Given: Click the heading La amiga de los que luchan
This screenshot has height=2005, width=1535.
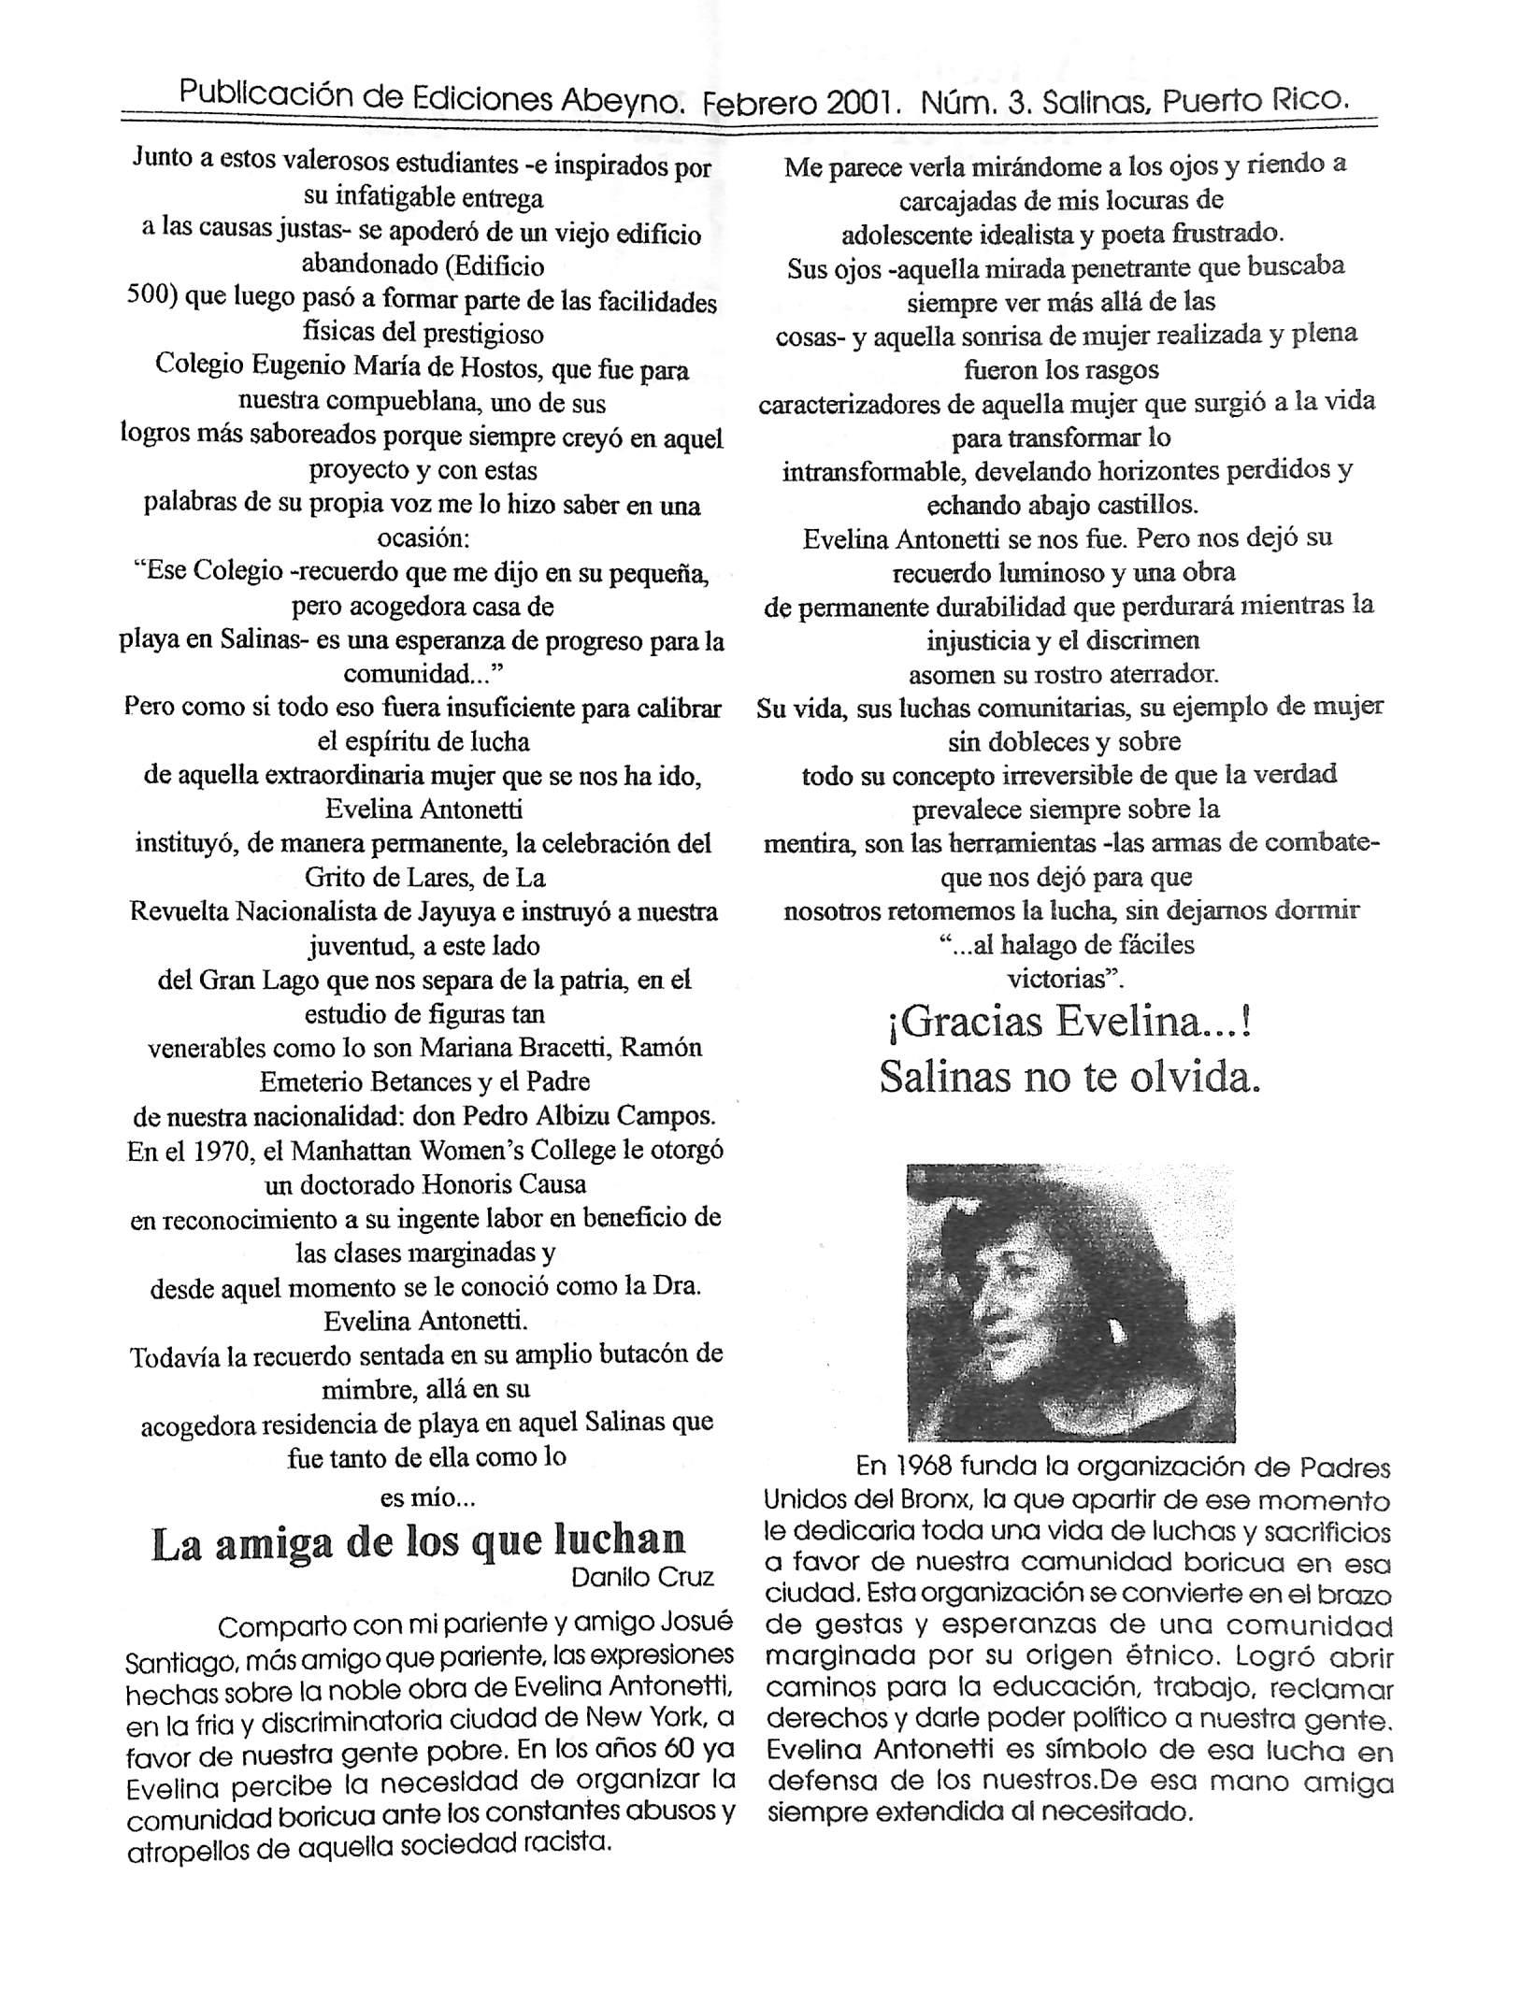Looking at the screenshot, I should (418, 1541).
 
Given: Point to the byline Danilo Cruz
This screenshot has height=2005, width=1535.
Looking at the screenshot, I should (642, 1578).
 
